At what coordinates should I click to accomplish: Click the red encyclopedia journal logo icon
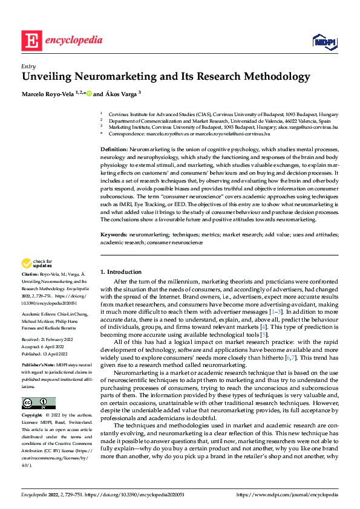pos(31,41)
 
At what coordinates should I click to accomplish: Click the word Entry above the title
pos(28,66)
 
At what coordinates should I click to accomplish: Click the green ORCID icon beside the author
pos(88,93)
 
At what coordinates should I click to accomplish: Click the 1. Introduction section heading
pos(121,272)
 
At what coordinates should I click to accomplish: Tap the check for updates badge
pos(37,263)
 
